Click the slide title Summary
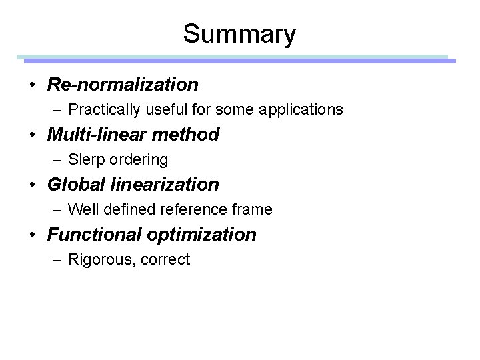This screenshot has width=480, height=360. tap(239, 33)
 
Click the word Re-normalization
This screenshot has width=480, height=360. tap(123, 85)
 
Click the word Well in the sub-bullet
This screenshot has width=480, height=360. tap(83, 209)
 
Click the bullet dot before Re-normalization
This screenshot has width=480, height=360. tap(33, 85)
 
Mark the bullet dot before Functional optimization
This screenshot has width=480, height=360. tap(33, 235)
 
